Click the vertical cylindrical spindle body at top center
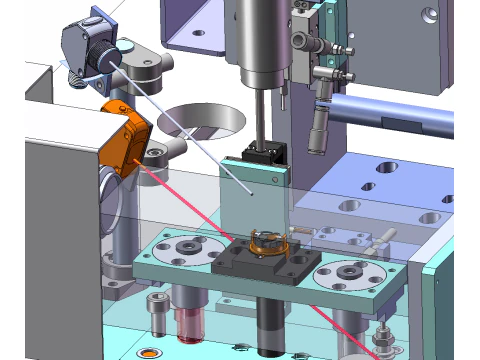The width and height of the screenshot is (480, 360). pyautogui.click(x=257, y=40)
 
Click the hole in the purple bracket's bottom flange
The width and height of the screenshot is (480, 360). pyautogui.click(x=198, y=32)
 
